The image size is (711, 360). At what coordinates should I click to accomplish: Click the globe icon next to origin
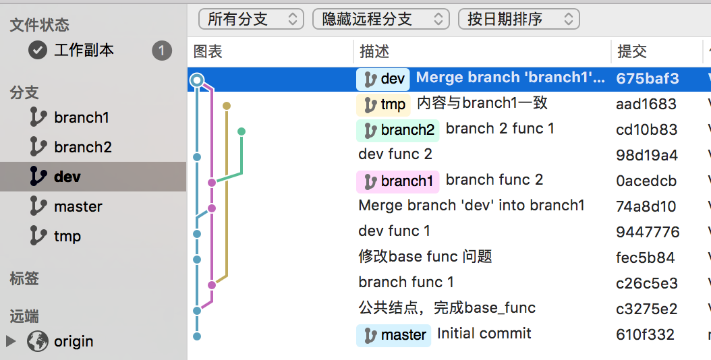pyautogui.click(x=38, y=341)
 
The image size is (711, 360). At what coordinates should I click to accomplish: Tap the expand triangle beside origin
pyautogui.click(x=11, y=341)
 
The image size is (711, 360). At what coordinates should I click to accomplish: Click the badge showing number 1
pyautogui.click(x=162, y=51)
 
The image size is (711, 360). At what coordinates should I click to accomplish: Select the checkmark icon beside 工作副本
pyautogui.click(x=38, y=50)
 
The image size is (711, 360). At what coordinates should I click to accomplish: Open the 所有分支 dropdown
pyautogui.click(x=251, y=19)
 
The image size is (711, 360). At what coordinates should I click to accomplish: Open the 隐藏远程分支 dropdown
pyautogui.click(x=381, y=19)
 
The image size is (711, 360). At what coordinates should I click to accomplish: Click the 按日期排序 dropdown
pyautogui.click(x=519, y=19)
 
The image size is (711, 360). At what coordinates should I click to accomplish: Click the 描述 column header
pyautogui.click(x=374, y=51)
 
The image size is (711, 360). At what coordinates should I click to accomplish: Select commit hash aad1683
pyautogui.click(x=646, y=104)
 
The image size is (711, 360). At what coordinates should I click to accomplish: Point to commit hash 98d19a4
pyautogui.click(x=647, y=155)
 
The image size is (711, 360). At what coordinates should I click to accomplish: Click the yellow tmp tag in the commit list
pyautogui.click(x=384, y=104)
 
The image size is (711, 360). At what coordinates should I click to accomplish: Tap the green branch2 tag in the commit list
pyautogui.click(x=398, y=130)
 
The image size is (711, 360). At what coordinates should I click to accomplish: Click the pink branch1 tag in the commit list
pyautogui.click(x=398, y=181)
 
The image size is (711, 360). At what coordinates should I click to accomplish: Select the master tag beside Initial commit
pyautogui.click(x=393, y=335)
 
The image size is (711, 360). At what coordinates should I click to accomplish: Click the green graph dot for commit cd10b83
pyautogui.click(x=241, y=131)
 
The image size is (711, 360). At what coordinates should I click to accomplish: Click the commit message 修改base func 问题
pyautogui.click(x=425, y=257)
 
